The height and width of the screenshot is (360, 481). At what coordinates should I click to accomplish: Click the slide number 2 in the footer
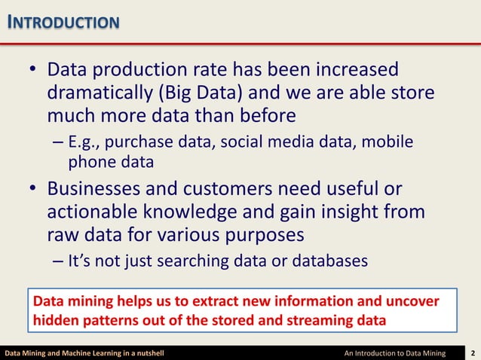[472, 352]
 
